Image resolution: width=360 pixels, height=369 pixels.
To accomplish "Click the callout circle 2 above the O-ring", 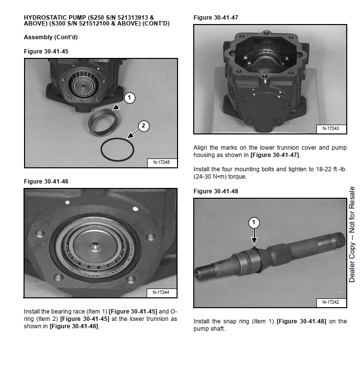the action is [143, 126].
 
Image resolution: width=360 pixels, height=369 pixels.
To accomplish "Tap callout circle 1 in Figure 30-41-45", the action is [129, 98].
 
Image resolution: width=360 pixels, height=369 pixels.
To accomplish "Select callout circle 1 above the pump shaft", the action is [254, 223].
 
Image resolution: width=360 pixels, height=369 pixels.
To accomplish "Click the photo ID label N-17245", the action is [161, 162].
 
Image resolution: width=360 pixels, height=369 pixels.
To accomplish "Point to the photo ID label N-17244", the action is [161, 292].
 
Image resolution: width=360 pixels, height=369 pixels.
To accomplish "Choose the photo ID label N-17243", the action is [331, 129].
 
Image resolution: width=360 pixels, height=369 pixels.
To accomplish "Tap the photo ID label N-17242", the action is [331, 302].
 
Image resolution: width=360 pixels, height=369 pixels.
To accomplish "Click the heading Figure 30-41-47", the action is [216, 18].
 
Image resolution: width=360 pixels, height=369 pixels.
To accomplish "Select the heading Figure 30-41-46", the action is [46, 182].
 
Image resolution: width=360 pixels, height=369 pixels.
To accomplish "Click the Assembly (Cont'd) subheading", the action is [51, 37].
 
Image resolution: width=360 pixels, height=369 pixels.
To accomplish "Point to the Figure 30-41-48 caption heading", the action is [216, 191].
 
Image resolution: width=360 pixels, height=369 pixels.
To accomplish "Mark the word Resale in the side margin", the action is [352, 198].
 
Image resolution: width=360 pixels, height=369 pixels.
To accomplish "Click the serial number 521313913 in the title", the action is [133, 18].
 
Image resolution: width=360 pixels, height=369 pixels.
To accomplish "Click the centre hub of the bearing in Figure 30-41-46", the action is [95, 247].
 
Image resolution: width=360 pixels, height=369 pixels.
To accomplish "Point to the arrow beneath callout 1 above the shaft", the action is [254, 237].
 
